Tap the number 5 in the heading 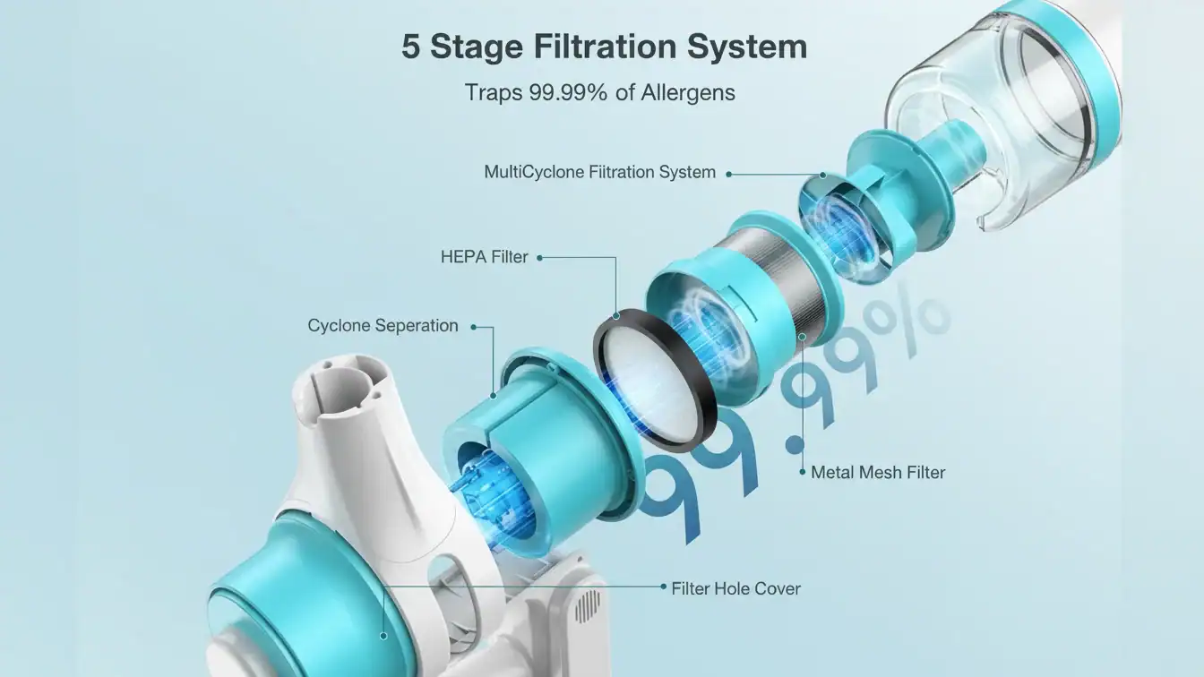tap(410, 47)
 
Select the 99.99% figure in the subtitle tap(568, 92)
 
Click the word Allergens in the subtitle tap(688, 92)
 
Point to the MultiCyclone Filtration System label tap(600, 172)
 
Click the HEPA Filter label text tap(485, 257)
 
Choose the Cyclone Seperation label tap(383, 326)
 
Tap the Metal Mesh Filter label tap(878, 472)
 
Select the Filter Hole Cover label tap(735, 589)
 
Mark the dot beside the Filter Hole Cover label tap(663, 587)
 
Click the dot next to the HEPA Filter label tap(539, 258)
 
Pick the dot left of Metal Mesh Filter tap(803, 472)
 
